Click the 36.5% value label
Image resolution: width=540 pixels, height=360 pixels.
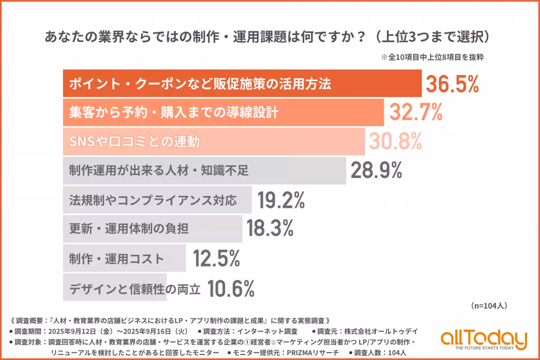452,84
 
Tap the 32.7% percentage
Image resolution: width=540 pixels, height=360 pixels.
416,113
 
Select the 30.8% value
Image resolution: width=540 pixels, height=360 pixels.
396,142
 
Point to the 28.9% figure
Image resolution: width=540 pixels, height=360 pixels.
376,171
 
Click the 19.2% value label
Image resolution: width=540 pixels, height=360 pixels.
281,200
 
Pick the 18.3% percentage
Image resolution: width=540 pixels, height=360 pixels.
270,229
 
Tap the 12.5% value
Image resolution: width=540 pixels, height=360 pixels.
216,259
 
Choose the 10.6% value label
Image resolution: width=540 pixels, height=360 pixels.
231,288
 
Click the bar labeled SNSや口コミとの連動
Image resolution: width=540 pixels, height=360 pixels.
214,142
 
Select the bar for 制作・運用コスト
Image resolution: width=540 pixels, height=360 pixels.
124,259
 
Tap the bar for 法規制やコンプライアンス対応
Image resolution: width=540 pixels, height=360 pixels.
157,200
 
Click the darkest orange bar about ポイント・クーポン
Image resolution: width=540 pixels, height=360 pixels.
242,84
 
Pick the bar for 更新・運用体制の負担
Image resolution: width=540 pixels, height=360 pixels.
153,229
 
